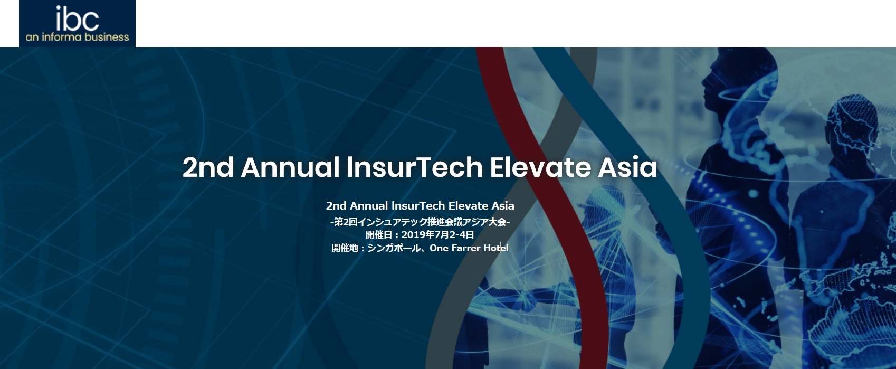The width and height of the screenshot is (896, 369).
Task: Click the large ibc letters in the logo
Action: [x=77, y=18]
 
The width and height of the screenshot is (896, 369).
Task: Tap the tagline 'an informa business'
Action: [x=77, y=37]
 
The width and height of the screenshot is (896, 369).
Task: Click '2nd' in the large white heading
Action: [x=208, y=167]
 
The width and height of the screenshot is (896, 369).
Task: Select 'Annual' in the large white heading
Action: [x=290, y=167]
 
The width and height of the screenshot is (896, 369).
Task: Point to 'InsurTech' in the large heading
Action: [x=414, y=167]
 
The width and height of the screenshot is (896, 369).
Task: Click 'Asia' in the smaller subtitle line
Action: [x=503, y=206]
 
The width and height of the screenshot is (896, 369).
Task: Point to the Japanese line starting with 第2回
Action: [x=420, y=222]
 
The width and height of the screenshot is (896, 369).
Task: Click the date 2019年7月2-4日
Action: [x=437, y=234]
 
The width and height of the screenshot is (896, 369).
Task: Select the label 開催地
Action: [x=345, y=248]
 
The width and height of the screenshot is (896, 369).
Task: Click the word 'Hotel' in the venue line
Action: [x=496, y=248]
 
